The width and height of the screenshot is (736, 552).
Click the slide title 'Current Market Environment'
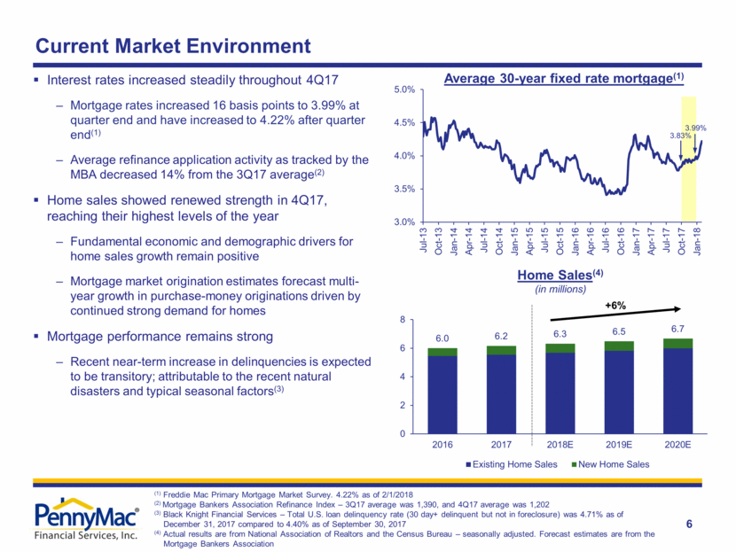pyautogui.click(x=172, y=45)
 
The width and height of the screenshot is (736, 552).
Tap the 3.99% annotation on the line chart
pyautogui.click(x=695, y=128)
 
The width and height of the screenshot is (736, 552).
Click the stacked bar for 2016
pyautogui.click(x=444, y=391)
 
